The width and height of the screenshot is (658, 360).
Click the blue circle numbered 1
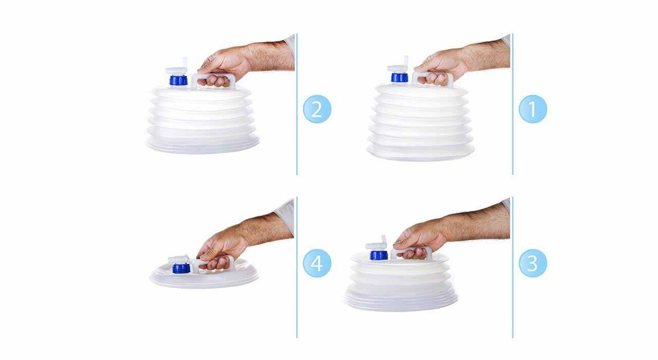[533, 109]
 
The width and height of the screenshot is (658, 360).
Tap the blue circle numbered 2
[317, 109]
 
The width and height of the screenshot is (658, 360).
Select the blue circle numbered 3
[533, 263]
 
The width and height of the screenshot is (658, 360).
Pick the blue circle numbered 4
[317, 263]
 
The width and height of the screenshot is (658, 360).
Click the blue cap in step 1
[399, 78]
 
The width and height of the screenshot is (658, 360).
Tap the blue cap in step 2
[178, 80]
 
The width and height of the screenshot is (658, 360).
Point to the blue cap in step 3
[379, 255]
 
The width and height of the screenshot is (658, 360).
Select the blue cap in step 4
[181, 268]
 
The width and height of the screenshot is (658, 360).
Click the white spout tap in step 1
[398, 65]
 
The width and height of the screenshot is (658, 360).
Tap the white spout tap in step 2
[177, 67]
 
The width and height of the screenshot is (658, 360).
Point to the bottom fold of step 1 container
[421, 153]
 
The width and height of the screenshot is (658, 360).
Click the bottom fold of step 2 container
[203, 147]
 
